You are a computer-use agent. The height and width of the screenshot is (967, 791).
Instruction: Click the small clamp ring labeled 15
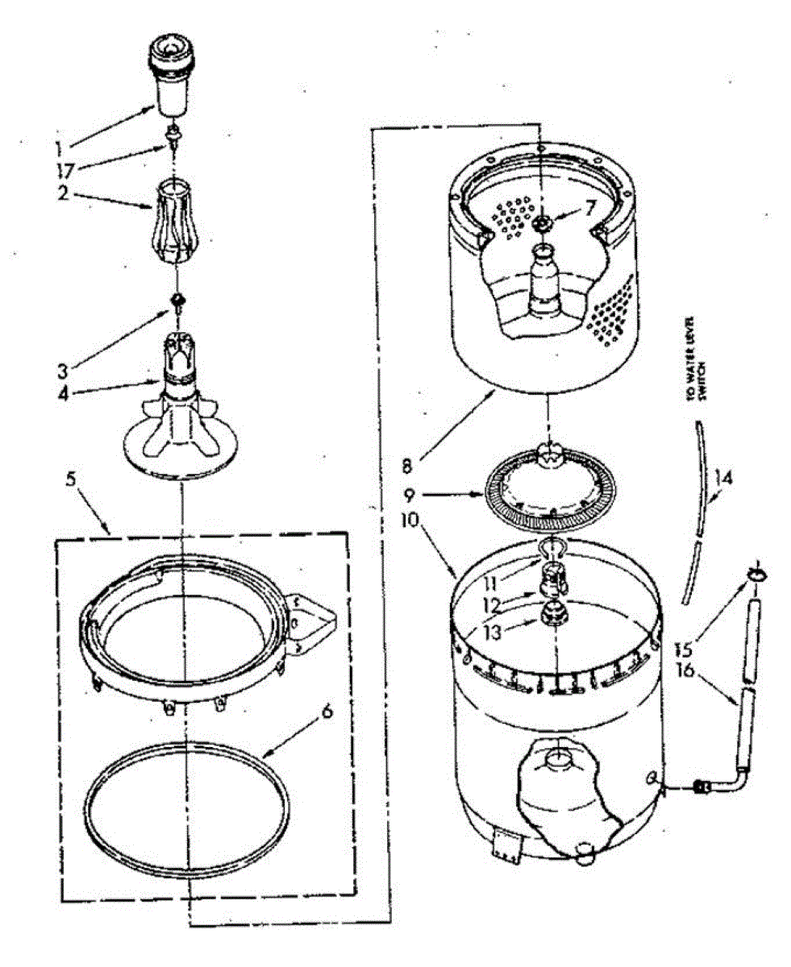[755, 573]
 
